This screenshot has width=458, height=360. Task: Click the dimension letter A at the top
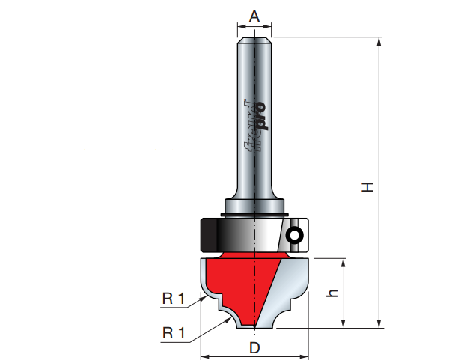point(254,16)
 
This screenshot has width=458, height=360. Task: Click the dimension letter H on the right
point(367,187)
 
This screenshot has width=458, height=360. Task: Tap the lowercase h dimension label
point(332,293)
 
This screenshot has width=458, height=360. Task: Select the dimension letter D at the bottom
point(254,348)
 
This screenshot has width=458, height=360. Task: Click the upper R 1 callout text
point(174,299)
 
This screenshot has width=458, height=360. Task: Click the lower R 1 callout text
point(174,333)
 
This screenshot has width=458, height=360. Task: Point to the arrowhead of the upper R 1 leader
point(204,298)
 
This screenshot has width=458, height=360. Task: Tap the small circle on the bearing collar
point(294,235)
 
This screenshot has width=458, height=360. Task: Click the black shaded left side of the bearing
point(209,235)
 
